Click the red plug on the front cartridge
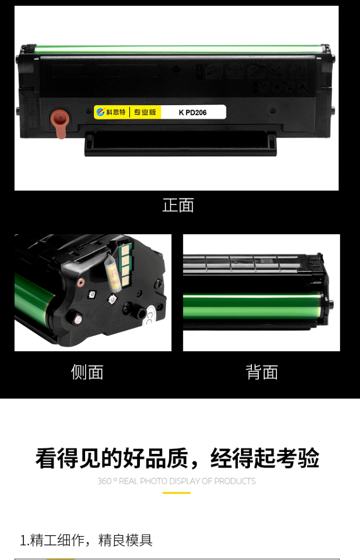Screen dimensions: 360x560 (x=60, y=123)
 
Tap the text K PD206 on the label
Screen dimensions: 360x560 (x=193, y=112)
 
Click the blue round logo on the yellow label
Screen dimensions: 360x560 (x=100, y=112)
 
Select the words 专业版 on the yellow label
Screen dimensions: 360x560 (x=145, y=112)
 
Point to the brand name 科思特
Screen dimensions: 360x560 (x=116, y=112)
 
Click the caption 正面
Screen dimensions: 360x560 (x=178, y=205)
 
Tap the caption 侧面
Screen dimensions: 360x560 (x=87, y=372)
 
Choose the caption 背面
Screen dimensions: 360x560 (x=262, y=372)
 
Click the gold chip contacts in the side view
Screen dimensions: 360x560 (x=125, y=266)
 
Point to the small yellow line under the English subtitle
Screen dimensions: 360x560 (x=177, y=493)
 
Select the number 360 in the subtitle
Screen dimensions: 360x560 (x=105, y=481)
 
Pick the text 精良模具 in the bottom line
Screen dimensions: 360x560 (x=125, y=540)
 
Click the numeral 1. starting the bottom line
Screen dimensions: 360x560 (x=24, y=540)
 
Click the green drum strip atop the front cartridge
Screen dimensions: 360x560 (x=179, y=49)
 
